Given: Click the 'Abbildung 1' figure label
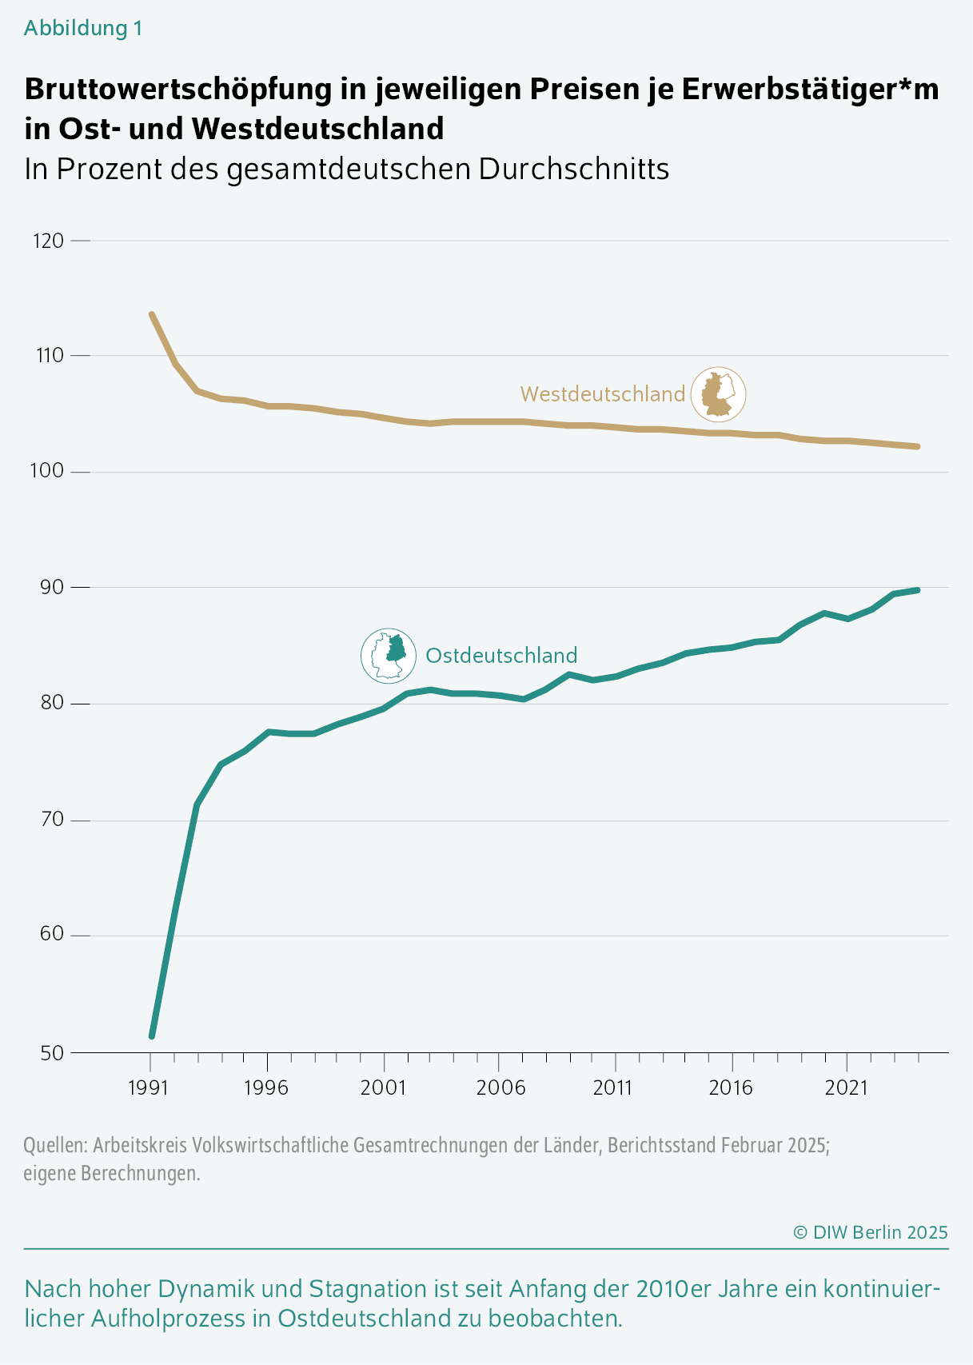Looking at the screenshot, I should (83, 28).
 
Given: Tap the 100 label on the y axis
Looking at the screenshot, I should (48, 471).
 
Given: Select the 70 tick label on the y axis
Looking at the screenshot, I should (51, 820).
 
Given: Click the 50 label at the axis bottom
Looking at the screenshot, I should (51, 1053).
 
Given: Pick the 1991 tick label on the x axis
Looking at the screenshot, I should (149, 1088).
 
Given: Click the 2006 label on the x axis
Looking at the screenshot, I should (500, 1088).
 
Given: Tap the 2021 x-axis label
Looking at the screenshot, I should (847, 1088).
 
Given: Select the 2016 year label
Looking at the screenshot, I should (732, 1088).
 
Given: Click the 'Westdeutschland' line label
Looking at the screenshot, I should (603, 394).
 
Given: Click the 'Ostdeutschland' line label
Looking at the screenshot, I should (501, 656).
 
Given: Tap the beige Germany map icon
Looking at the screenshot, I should (718, 394).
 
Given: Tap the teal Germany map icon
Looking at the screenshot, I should (389, 656).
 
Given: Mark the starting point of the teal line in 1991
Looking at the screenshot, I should (152, 1036).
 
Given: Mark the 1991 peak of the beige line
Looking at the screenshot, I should (152, 315).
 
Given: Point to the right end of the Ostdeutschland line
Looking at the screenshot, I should (917, 590).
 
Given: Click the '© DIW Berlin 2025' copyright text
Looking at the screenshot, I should (870, 1232).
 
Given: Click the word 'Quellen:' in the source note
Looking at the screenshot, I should (54, 1145).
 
